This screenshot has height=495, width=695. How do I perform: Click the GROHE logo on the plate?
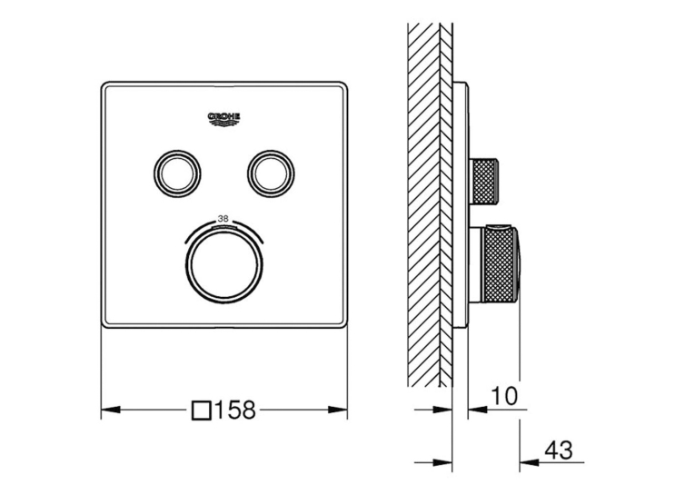click(x=224, y=120)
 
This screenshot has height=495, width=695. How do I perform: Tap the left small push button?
click(x=177, y=173)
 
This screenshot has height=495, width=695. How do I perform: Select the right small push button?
click(x=272, y=173)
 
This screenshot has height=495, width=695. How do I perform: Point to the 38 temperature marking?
click(x=223, y=218)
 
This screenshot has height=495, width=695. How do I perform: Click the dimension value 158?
click(x=235, y=410)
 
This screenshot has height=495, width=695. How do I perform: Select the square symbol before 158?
click(x=201, y=410)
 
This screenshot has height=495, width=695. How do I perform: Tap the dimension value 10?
click(x=504, y=396)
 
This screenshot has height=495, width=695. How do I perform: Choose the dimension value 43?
click(x=559, y=450)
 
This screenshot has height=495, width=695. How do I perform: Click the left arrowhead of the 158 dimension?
click(x=111, y=410)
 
